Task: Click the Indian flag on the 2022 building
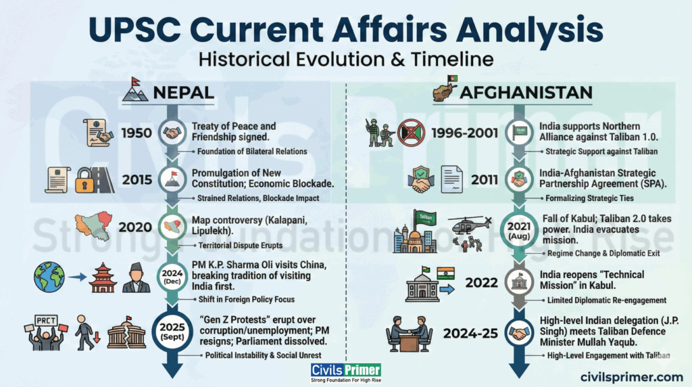pos(445,274)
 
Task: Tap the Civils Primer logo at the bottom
pos(346,373)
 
